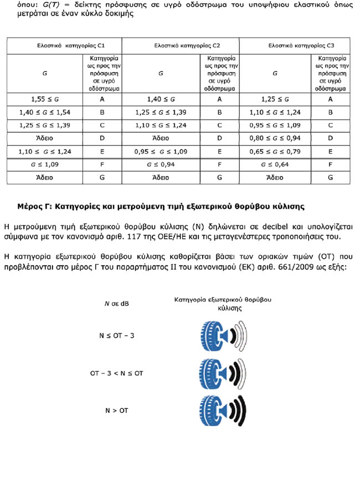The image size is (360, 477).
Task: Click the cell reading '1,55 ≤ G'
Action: click(x=44, y=100)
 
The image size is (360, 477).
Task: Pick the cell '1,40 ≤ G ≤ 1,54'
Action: click(x=44, y=112)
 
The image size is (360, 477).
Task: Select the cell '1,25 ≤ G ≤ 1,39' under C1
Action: click(x=44, y=126)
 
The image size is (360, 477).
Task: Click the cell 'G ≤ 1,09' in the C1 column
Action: click(x=44, y=165)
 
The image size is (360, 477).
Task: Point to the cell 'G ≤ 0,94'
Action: click(x=161, y=165)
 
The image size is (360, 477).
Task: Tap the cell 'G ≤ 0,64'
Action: click(x=275, y=165)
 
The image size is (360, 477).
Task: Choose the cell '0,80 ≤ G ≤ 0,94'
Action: click(x=275, y=139)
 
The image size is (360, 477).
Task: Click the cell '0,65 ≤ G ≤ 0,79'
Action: click(x=275, y=151)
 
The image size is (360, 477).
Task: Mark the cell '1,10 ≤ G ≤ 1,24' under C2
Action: click(x=161, y=126)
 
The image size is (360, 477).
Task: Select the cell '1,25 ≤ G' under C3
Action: click(x=275, y=100)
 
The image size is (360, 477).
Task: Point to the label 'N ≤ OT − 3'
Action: click(x=116, y=336)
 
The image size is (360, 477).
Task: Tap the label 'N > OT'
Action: click(x=116, y=411)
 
